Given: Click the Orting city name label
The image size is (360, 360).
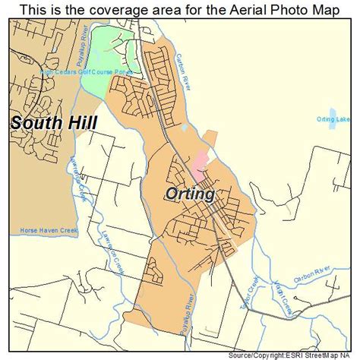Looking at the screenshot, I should [x=189, y=194].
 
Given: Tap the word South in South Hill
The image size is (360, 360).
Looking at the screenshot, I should [x=35, y=122].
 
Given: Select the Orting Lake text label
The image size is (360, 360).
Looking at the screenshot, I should [x=334, y=119].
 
